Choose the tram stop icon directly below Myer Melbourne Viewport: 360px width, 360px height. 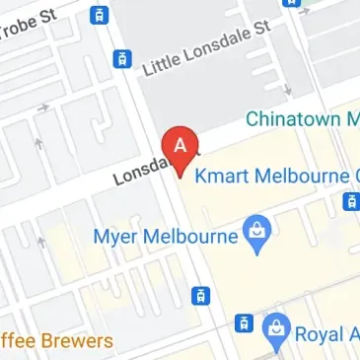[x=200, y=295]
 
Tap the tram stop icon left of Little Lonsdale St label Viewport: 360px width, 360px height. [x=122, y=58]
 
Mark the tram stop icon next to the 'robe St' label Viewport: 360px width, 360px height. [x=98, y=15]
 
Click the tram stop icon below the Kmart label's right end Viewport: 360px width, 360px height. [x=350, y=202]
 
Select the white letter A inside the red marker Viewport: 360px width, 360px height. [x=180, y=144]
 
